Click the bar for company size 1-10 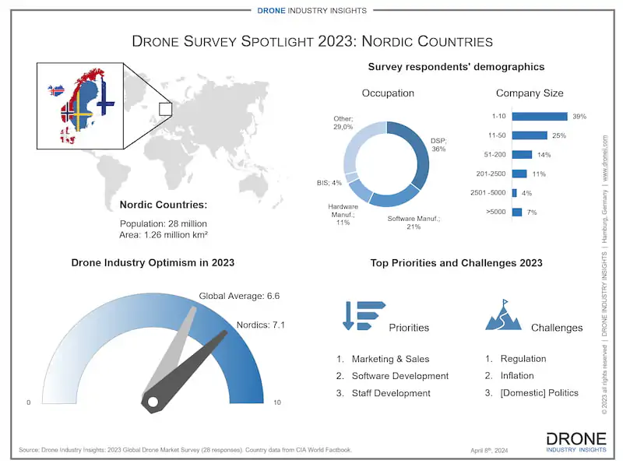[x=540, y=117]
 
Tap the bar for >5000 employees [x=516, y=212]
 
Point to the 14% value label [x=544, y=155]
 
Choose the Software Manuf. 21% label [x=414, y=223]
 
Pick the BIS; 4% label [x=329, y=183]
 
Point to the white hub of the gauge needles [x=153, y=402]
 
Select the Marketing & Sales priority [x=390, y=359]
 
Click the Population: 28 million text [x=163, y=223]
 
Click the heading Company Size [x=530, y=93]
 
